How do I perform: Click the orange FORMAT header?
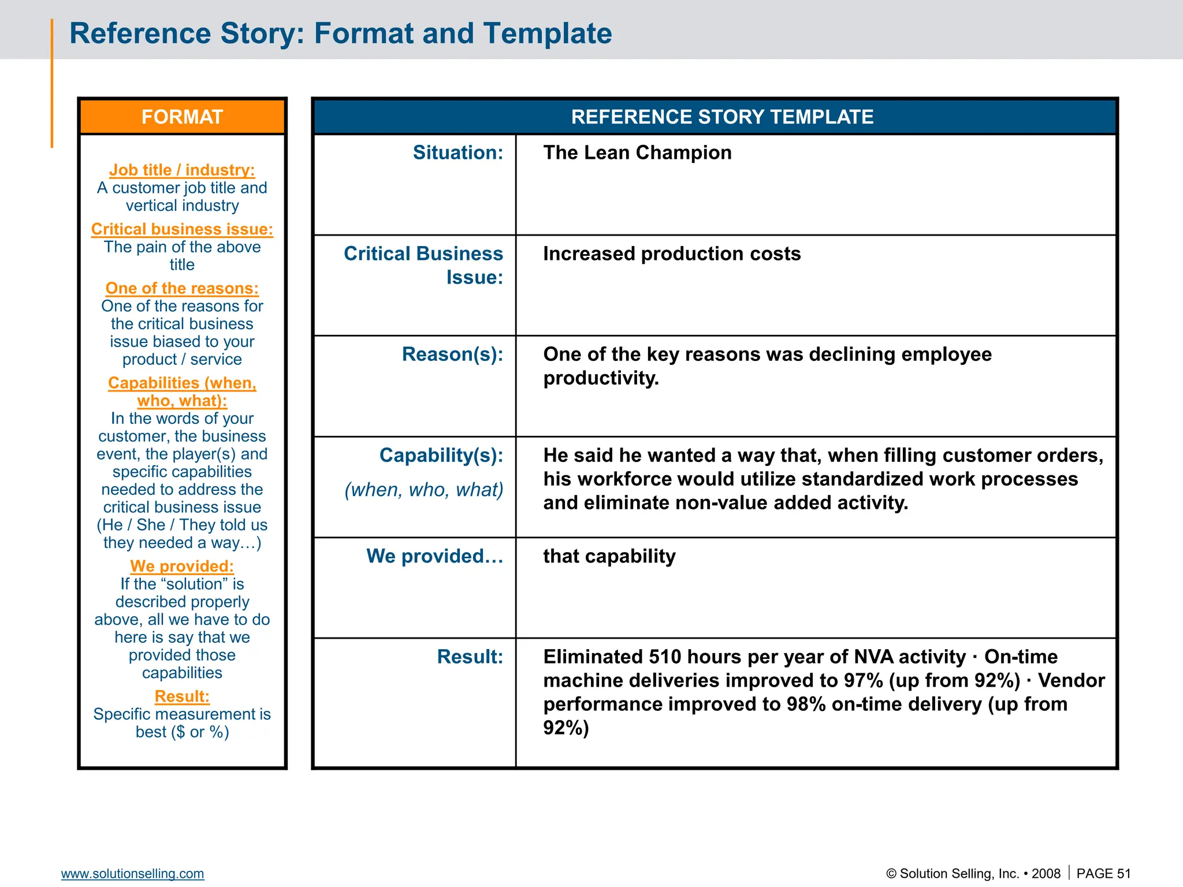pos(182,117)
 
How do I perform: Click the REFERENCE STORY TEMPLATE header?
pos(721,117)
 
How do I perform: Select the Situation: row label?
pos(457,153)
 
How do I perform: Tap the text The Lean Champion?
pos(637,153)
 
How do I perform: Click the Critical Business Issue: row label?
pos(423,265)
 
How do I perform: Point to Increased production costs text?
pos(671,254)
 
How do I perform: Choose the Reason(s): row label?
pos(452,355)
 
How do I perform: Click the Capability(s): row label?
pos(441,456)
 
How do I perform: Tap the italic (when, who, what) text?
pos(423,490)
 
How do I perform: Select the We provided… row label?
pos(434,556)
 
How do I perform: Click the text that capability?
pos(609,556)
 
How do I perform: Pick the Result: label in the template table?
pos(470,657)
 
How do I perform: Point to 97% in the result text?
pos(863,681)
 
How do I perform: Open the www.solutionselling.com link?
pos(132,874)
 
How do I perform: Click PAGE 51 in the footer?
pos(1103,874)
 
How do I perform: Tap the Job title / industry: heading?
pos(182,170)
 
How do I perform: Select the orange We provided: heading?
pos(182,567)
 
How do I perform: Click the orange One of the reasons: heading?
pos(182,289)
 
